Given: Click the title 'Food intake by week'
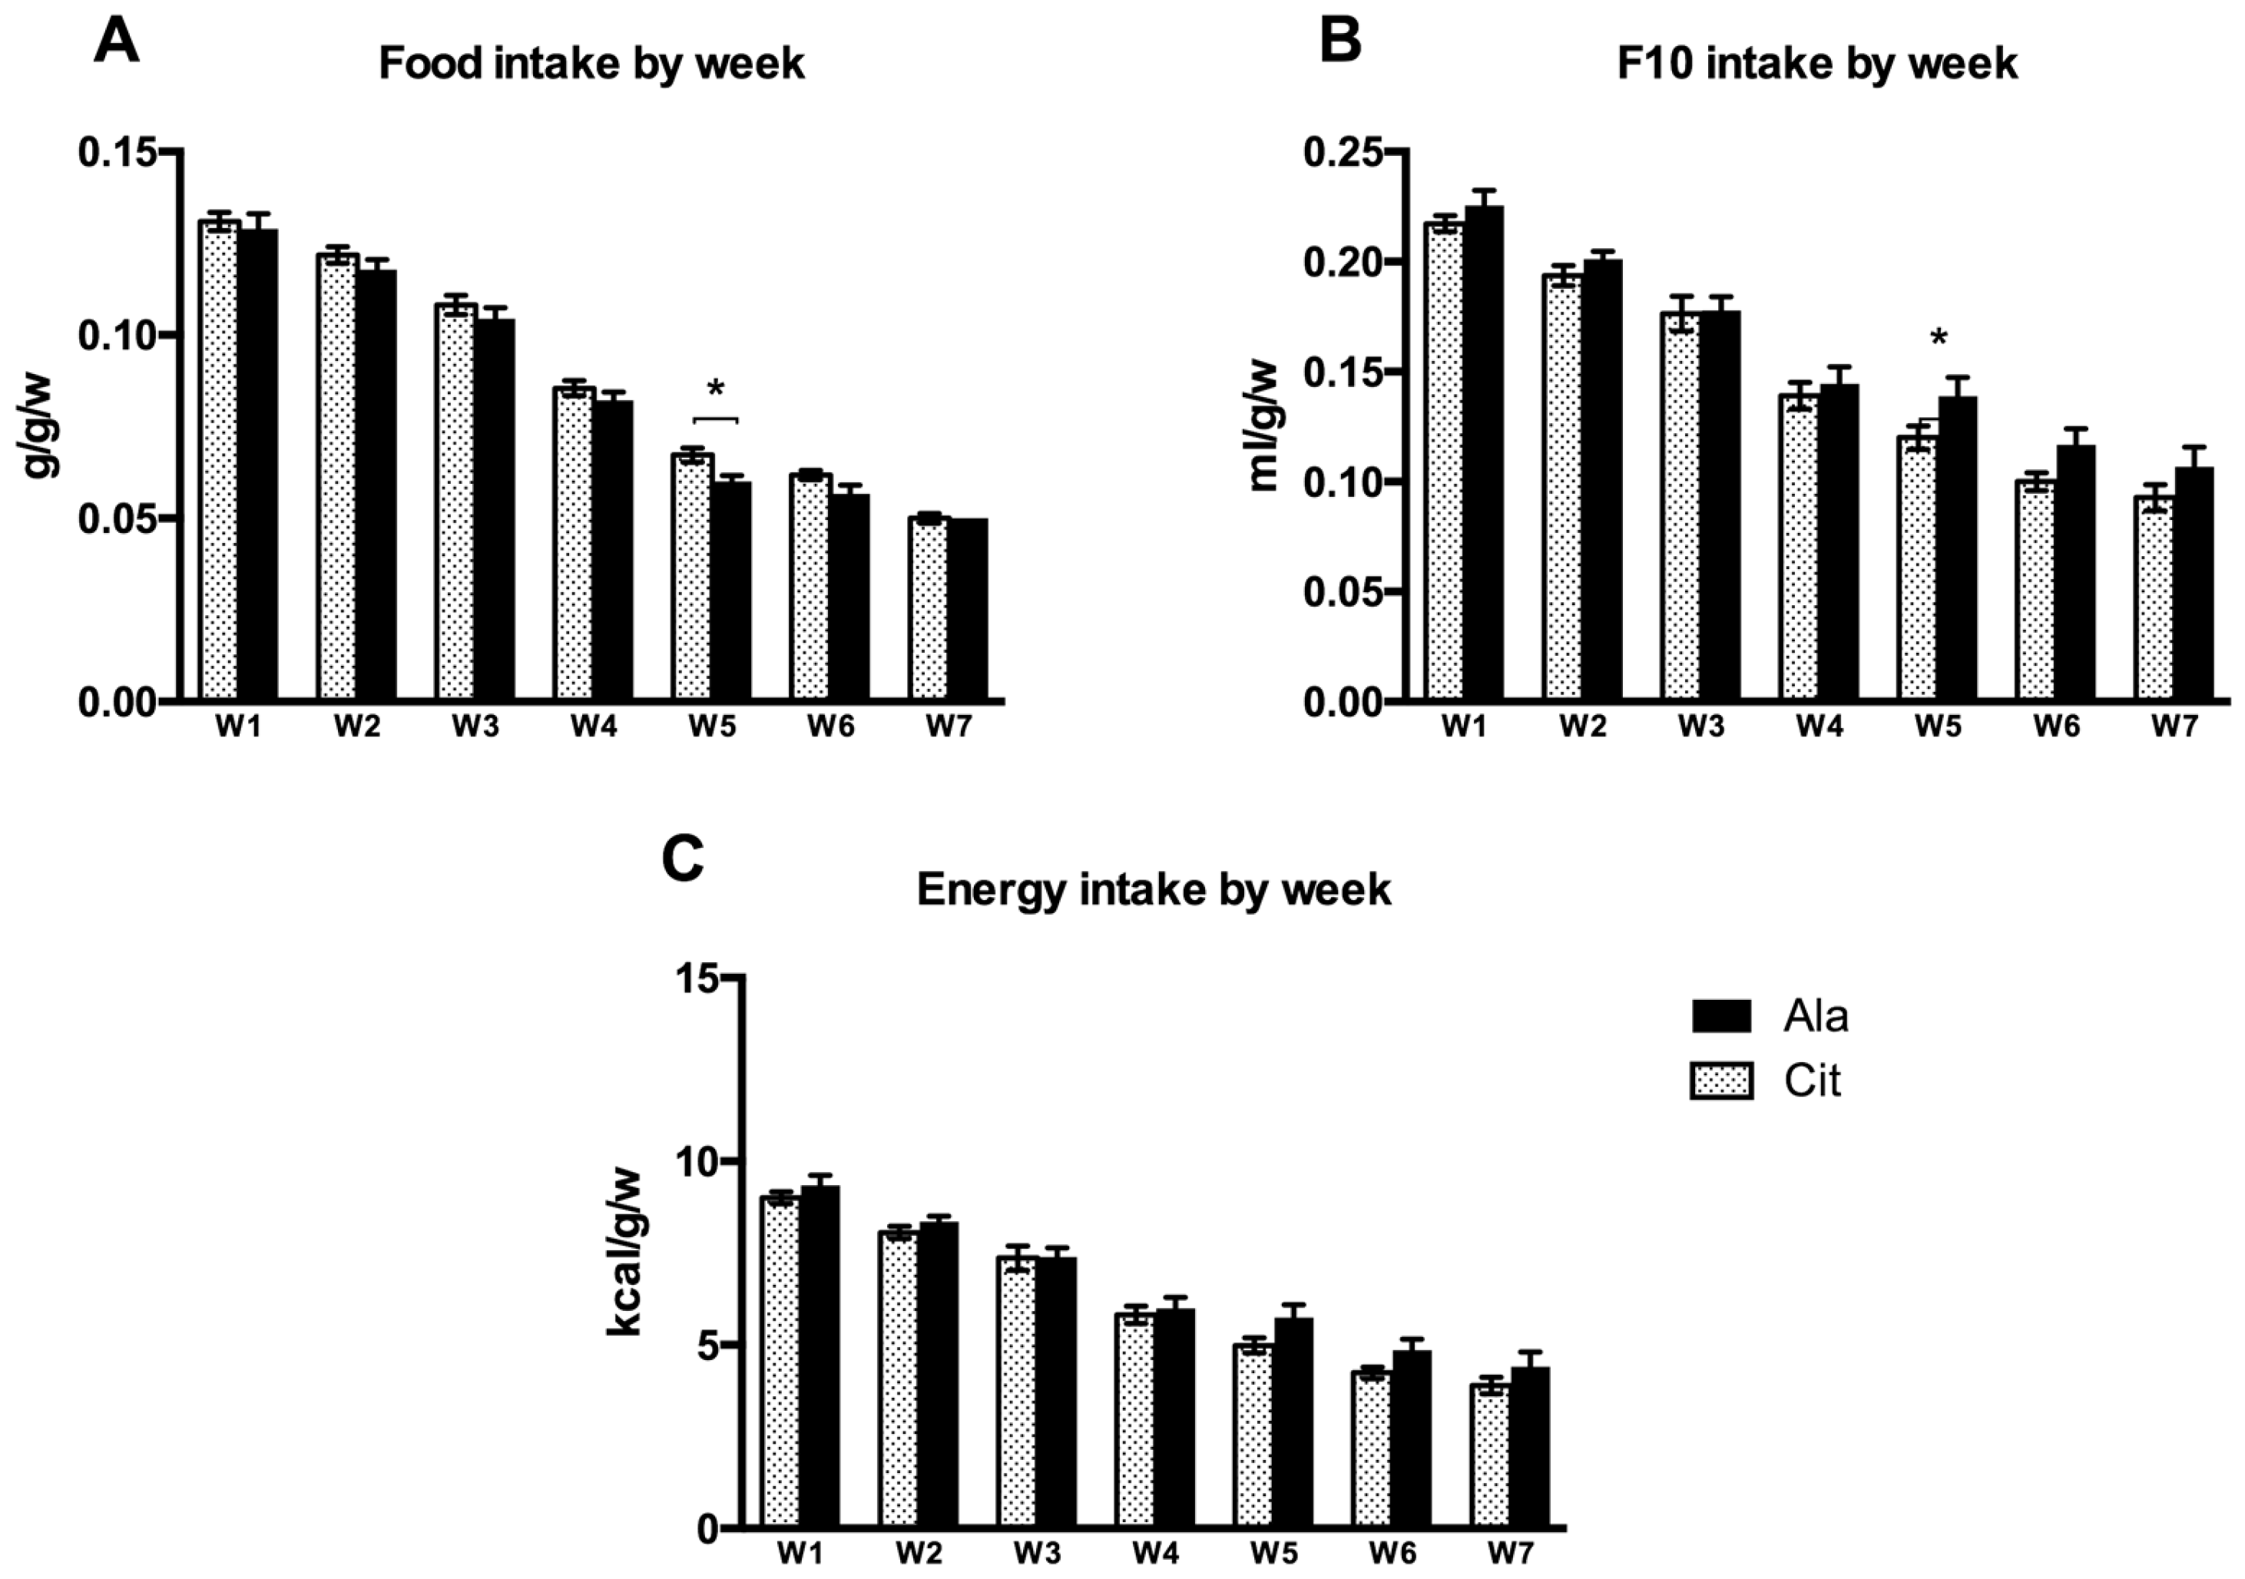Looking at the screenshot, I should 591,65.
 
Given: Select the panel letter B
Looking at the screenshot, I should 1340,41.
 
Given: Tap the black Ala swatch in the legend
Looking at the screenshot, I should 1722,1017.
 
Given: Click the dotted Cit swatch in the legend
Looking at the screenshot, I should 1722,1081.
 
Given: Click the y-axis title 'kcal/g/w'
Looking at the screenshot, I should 625,1254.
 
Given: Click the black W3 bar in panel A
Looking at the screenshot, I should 495,509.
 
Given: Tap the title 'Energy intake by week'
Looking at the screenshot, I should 1154,889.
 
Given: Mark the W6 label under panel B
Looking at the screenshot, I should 2058,727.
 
